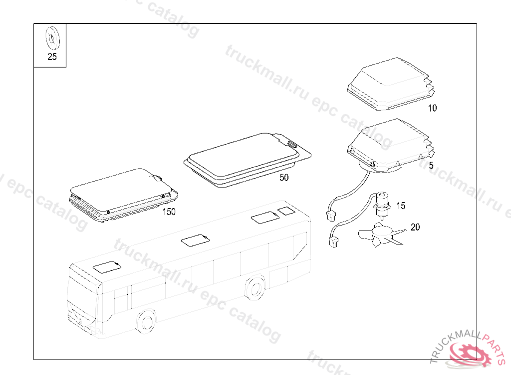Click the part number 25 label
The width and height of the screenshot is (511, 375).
click(52, 56)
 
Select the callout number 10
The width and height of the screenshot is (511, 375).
click(432, 108)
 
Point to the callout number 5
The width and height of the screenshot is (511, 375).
click(431, 165)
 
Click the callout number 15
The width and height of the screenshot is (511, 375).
click(401, 205)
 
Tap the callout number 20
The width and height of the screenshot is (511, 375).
click(415, 227)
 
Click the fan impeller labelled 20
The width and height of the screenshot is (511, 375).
click(381, 234)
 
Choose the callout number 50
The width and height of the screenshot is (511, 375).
click(284, 177)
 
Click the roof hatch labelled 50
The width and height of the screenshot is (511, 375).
click(248, 159)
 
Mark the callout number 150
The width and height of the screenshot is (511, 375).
click(169, 211)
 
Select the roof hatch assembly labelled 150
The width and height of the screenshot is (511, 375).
click(124, 195)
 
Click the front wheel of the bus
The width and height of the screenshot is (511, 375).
click(145, 321)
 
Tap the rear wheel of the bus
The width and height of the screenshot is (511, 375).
click(255, 288)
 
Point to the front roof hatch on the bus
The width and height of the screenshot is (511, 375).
click(107, 267)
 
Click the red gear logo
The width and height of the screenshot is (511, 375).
click(470, 353)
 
